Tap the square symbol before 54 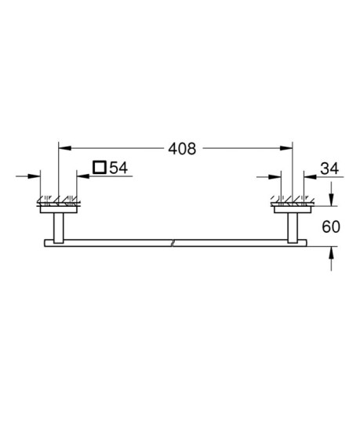click(x=99, y=167)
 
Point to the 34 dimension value click(x=329, y=167)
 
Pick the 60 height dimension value click(x=332, y=228)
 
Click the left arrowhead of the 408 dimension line click(x=64, y=147)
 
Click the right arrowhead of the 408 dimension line click(x=287, y=147)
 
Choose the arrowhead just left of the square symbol click(x=82, y=176)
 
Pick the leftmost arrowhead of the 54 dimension click(x=35, y=176)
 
